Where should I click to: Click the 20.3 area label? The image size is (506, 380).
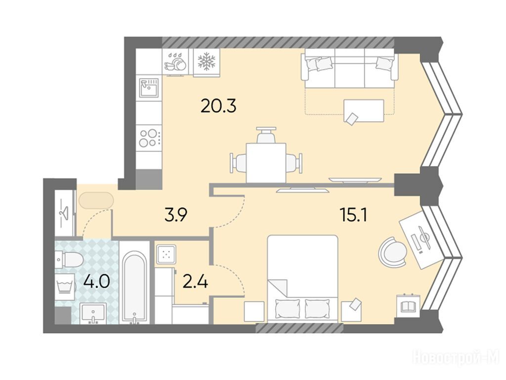coord(218,106)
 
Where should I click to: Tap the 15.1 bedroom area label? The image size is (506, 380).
coord(354,215)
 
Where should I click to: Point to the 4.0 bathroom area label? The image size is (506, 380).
coord(96,281)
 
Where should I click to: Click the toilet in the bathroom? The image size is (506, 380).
coord(69,259)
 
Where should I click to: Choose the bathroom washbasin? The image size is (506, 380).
coord(93,313)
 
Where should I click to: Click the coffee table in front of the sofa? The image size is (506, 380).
coord(364,110)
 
